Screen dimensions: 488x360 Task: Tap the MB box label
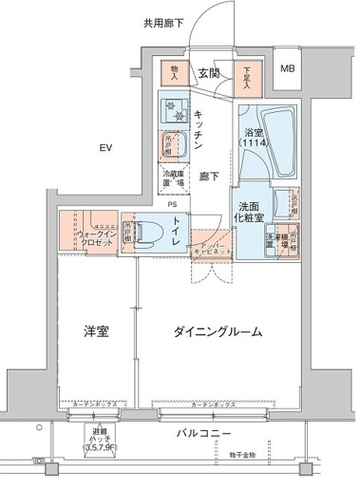(287, 69)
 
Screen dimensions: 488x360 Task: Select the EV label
(107, 147)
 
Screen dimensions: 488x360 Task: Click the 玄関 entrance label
(209, 74)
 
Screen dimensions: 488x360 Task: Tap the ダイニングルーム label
(218, 332)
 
